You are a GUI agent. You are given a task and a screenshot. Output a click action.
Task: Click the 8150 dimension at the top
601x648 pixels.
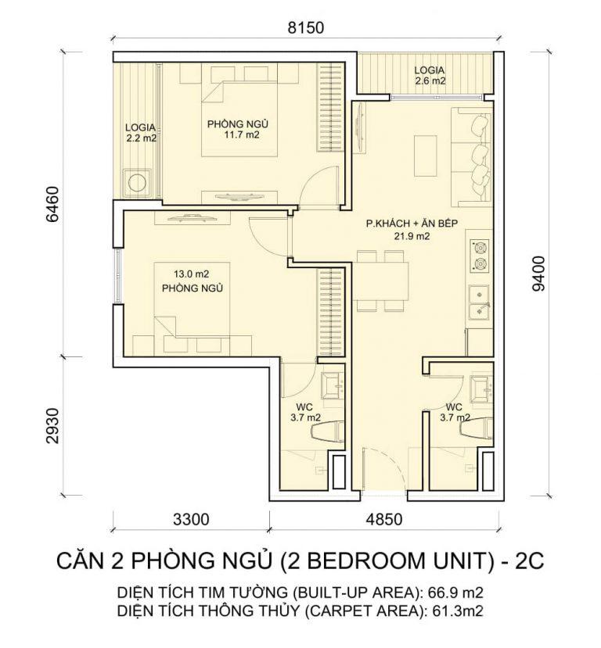(x=305, y=29)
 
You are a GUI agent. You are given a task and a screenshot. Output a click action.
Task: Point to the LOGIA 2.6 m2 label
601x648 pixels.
(x=430, y=75)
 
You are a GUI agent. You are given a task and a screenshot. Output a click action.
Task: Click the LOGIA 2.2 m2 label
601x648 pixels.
(x=142, y=133)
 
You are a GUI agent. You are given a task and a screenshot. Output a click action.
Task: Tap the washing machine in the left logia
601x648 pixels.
(x=139, y=182)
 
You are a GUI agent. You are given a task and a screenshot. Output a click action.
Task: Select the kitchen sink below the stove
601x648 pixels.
(x=478, y=303)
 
